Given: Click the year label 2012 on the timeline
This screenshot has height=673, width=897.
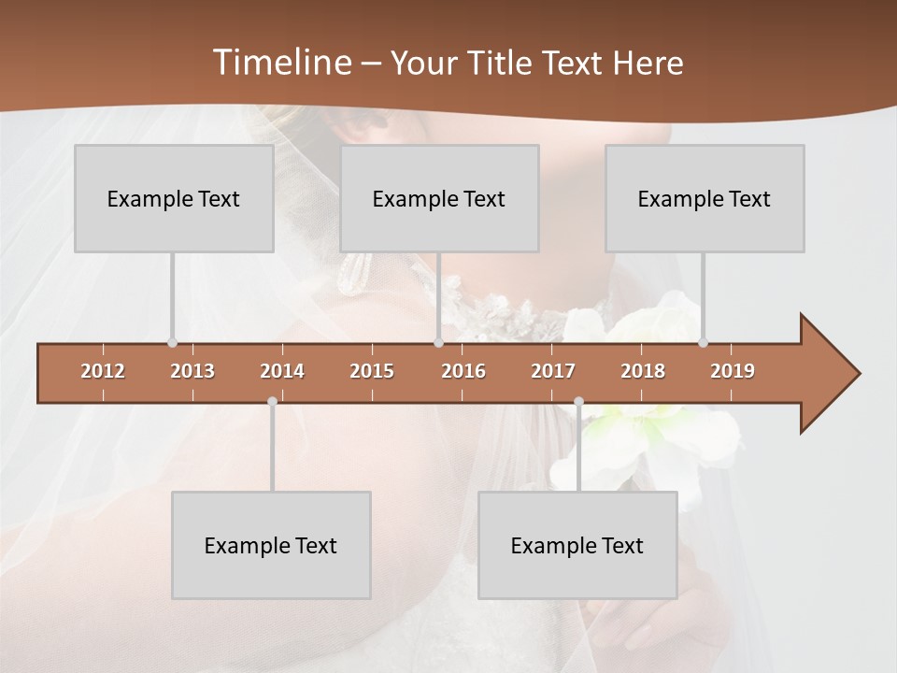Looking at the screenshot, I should [x=103, y=371].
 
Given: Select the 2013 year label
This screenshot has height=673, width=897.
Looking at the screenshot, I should [x=192, y=371].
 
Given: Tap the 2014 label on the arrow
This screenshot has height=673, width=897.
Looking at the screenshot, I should [x=282, y=371].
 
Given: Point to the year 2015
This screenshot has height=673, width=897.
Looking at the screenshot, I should [x=372, y=371].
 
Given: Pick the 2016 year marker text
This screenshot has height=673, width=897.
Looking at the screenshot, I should [x=463, y=371].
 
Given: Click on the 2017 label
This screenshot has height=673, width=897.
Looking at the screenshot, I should [x=553, y=371].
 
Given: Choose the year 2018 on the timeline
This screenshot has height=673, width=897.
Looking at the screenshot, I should [x=643, y=371].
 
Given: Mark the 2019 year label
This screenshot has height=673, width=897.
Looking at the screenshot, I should [x=733, y=371].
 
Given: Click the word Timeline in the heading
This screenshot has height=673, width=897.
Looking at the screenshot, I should [x=280, y=63].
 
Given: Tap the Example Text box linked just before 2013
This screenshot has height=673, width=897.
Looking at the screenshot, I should [x=174, y=198].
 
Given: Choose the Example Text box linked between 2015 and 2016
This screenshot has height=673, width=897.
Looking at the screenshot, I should [x=439, y=198].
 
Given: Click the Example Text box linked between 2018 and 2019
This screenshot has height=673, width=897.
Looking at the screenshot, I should [x=705, y=198].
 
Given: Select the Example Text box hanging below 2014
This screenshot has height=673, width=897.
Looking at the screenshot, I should [x=271, y=545].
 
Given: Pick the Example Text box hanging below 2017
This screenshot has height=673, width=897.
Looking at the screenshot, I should [x=577, y=545].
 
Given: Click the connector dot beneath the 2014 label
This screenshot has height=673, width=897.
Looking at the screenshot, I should [x=272, y=402].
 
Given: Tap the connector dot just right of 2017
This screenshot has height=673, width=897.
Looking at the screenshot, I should [x=578, y=402].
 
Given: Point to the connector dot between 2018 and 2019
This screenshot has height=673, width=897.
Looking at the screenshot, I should [x=703, y=342].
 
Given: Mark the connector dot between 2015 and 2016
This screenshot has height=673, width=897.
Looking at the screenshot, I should [x=438, y=342].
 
